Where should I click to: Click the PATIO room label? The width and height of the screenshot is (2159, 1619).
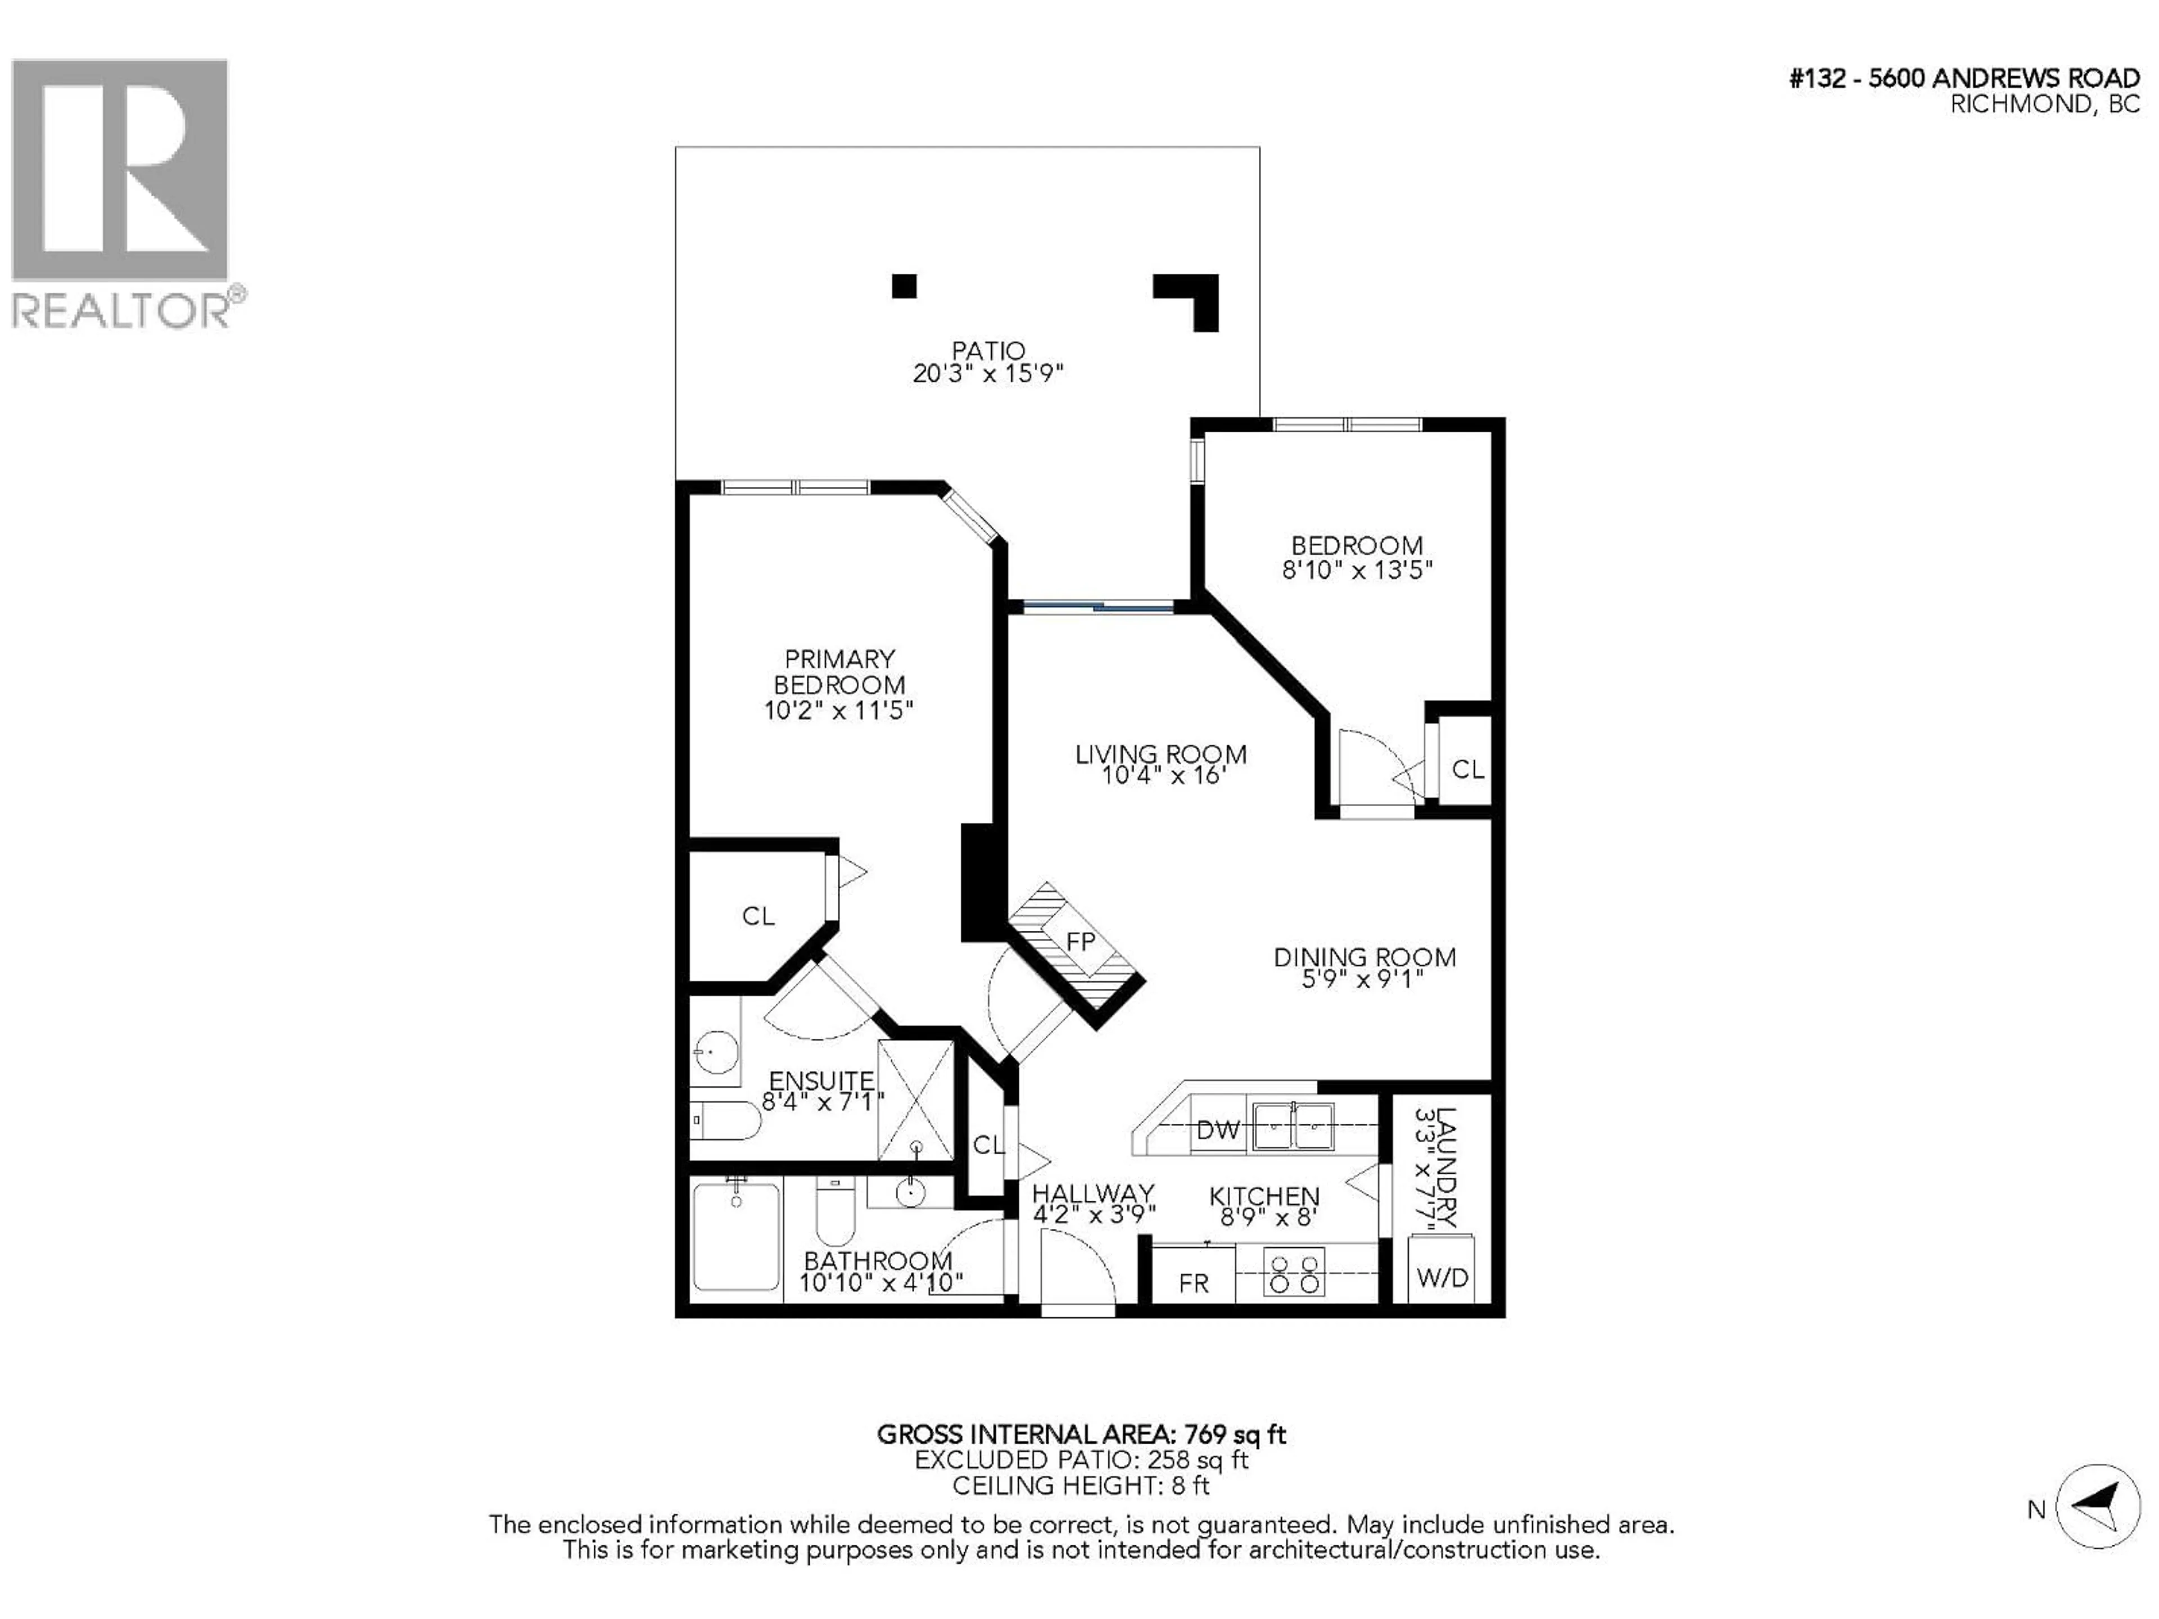tap(988, 350)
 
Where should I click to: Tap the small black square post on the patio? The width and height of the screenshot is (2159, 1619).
tap(904, 286)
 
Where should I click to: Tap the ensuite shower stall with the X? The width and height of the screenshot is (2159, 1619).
tap(915, 1100)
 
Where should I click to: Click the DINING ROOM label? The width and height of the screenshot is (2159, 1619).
tap(1363, 957)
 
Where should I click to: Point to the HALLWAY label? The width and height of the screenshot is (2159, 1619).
tap(1092, 1193)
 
